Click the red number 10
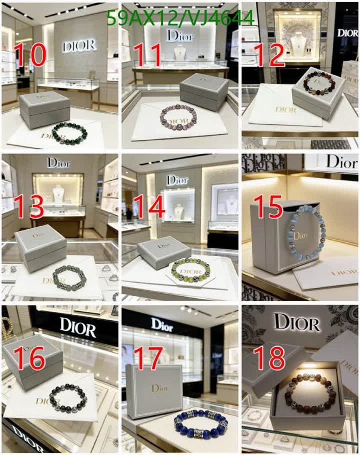(x=30, y=55)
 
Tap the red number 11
(x=148, y=55)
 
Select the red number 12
(x=271, y=55)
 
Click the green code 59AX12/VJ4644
(x=180, y=18)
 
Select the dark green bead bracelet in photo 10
(x=70, y=134)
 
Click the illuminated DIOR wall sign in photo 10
(x=79, y=45)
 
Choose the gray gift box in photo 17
(x=154, y=391)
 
